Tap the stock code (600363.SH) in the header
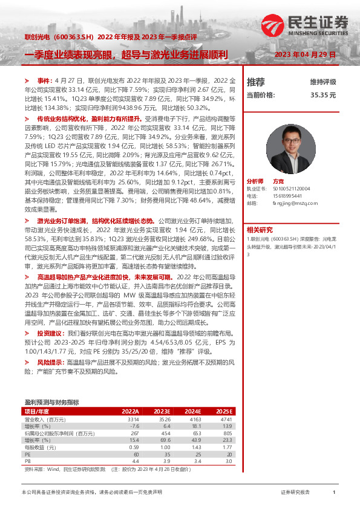76,37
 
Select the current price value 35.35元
323,95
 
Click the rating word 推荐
256,82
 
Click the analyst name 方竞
278,181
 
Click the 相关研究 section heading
260,229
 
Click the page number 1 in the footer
334,493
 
